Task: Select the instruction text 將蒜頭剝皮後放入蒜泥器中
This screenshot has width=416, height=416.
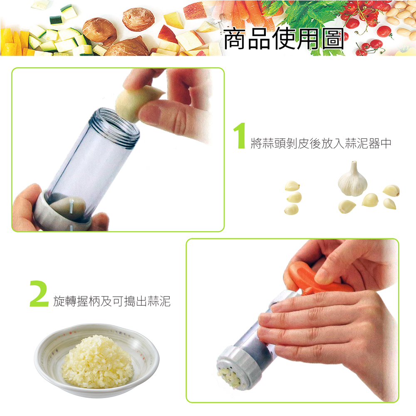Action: [321, 144]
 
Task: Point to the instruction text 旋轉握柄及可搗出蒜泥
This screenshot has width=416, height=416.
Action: [112, 301]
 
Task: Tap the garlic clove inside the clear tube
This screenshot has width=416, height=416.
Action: [69, 206]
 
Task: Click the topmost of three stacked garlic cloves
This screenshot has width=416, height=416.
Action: [292, 186]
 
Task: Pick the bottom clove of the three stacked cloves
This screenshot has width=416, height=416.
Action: [292, 209]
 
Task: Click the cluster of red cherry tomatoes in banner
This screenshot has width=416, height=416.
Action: [366, 25]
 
